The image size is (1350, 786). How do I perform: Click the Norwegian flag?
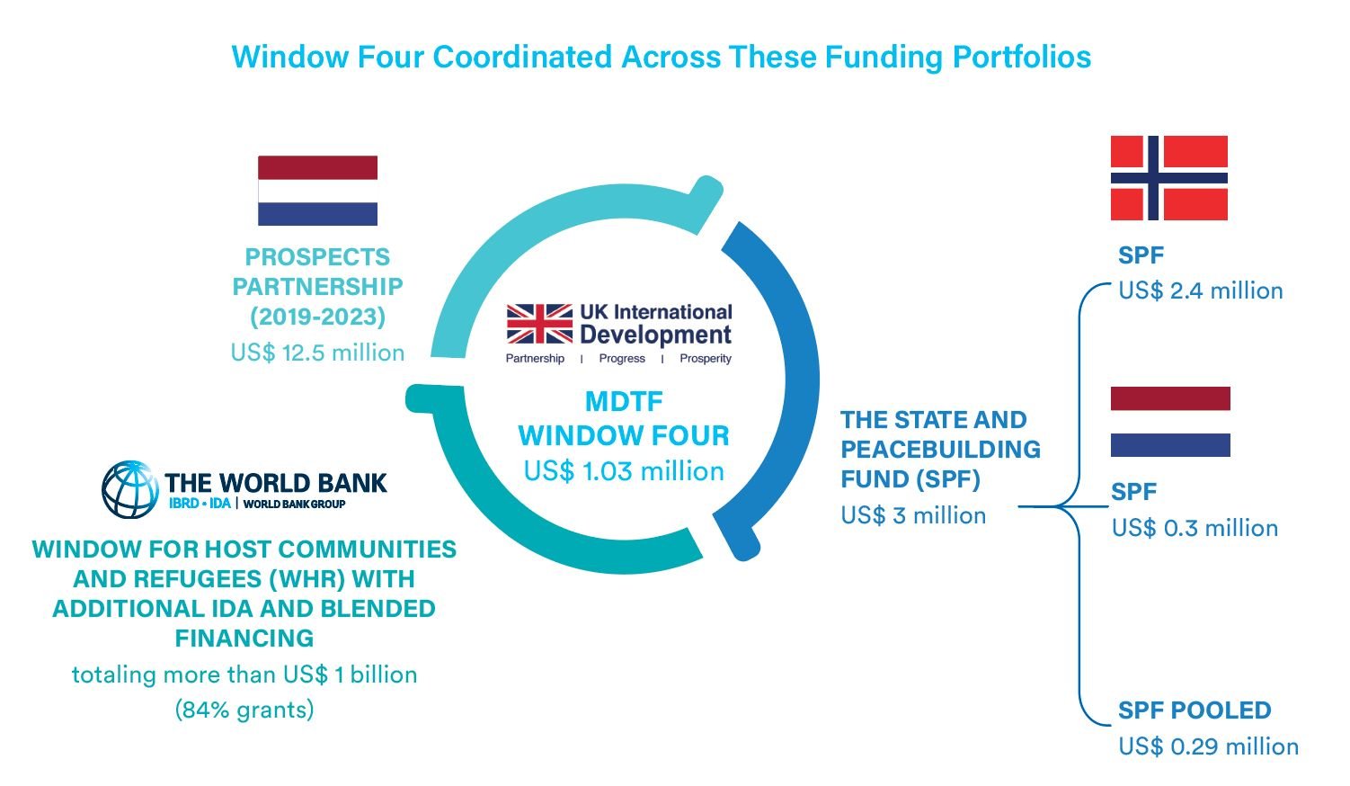click(x=1169, y=178)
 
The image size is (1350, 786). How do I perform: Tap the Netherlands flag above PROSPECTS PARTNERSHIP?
click(x=317, y=191)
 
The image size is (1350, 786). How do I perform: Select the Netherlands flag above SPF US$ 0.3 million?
click(x=1170, y=422)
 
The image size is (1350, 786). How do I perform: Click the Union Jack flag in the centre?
click(x=539, y=324)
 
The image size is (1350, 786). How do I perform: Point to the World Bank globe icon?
click(x=129, y=490)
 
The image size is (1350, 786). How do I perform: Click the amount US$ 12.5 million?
click(x=317, y=353)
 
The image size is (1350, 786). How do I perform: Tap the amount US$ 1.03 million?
click(x=624, y=471)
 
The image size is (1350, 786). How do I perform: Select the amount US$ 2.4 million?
click(x=1201, y=290)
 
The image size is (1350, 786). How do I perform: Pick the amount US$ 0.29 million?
click(x=1208, y=746)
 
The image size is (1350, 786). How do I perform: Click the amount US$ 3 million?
click(x=914, y=515)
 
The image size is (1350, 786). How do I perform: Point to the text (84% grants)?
click(x=244, y=710)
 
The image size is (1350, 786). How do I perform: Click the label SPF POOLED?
click(x=1195, y=710)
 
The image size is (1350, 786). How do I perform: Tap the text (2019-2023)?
click(x=317, y=317)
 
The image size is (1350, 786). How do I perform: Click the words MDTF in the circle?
click(x=624, y=402)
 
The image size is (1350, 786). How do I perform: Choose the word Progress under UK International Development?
click(x=622, y=358)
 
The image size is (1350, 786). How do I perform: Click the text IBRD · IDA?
click(x=200, y=504)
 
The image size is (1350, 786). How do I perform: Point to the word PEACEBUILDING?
click(x=941, y=450)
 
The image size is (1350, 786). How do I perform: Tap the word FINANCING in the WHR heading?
click(x=244, y=639)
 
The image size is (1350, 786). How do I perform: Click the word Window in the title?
click(x=290, y=58)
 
